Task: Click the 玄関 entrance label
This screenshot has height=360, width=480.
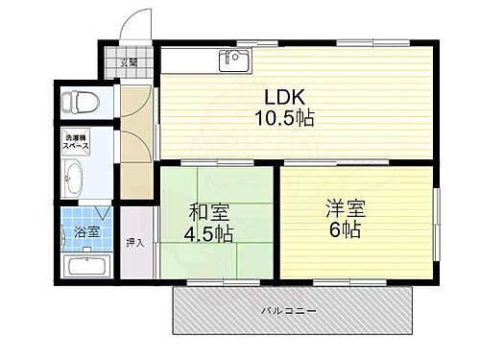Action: (129, 64)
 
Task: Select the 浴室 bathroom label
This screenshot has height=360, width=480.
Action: (88, 231)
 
